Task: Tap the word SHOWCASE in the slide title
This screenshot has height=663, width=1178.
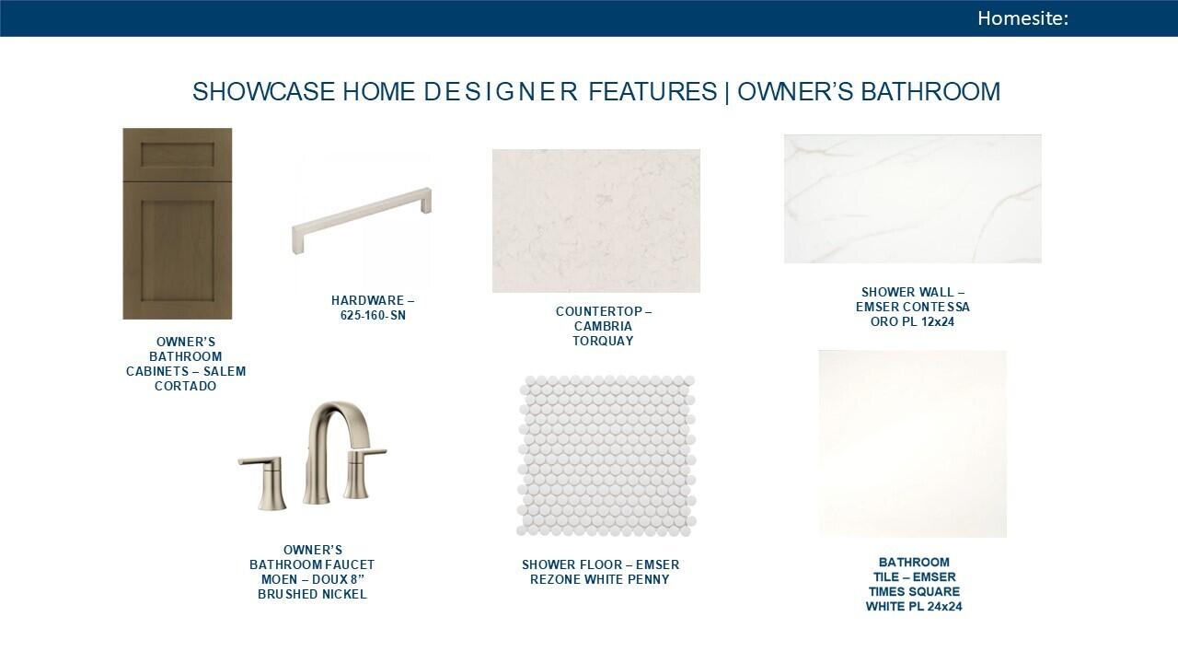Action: [x=263, y=91]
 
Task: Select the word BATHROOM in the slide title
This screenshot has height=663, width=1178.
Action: [x=930, y=91]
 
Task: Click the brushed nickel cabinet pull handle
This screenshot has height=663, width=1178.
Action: [x=362, y=220]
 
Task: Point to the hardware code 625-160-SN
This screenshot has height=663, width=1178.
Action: [x=373, y=316]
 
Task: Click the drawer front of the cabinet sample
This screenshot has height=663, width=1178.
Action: [x=178, y=156]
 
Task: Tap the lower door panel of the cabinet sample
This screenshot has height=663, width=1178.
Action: [x=178, y=250]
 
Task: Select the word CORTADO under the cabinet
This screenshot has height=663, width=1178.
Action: [x=186, y=386]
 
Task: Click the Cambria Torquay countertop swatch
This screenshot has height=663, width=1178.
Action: [x=596, y=221]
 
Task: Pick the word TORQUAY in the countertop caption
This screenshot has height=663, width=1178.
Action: [x=603, y=341]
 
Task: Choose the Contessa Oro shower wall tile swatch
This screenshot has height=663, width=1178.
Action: [x=912, y=199]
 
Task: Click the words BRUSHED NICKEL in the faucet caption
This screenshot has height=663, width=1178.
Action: [x=312, y=595]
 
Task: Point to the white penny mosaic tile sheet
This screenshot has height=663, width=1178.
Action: [x=606, y=456]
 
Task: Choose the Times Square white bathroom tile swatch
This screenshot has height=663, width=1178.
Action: [x=912, y=444]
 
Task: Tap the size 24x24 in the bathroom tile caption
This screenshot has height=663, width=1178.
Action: [x=944, y=607]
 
